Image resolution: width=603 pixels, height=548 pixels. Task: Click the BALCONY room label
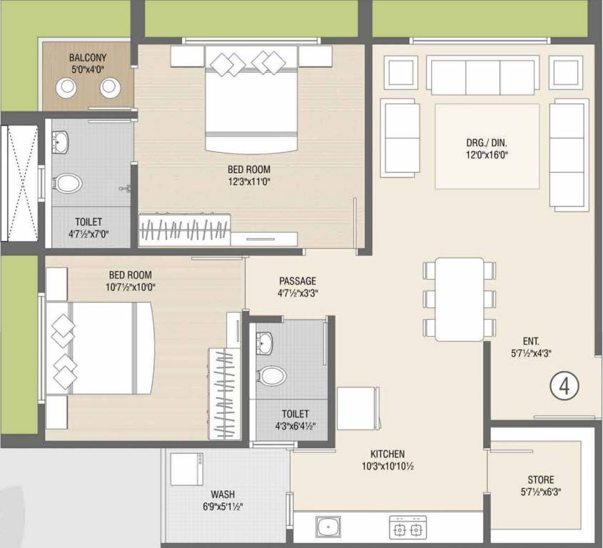coord(88,58)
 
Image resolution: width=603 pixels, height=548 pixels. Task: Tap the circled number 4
coord(564,387)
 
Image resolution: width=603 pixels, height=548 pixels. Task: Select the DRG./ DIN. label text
coord(487,143)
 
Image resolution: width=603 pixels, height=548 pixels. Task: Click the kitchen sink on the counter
coord(328,527)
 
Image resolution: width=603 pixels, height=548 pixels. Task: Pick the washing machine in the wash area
coord(187,470)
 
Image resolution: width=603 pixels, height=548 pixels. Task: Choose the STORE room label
coord(541,479)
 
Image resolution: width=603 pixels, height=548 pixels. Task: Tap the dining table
coord(460,299)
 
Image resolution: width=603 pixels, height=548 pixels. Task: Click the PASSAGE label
coord(298,281)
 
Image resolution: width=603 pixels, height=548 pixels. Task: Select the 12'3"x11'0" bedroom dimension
coord(249,181)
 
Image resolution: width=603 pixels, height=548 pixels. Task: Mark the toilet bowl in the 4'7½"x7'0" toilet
coord(67,183)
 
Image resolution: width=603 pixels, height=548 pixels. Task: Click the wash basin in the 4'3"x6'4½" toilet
coord(265,343)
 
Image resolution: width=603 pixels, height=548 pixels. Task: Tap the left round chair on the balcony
coord(66,88)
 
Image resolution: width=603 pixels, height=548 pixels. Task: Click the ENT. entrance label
coord(531,341)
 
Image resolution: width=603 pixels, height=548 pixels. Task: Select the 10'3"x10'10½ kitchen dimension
coord(387,467)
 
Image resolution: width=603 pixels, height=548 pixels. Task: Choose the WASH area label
coord(223,494)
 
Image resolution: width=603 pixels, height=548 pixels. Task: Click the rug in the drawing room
coord(487,146)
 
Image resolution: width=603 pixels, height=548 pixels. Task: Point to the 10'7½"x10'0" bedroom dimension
coord(131,287)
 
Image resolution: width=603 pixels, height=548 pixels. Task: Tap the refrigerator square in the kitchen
coord(357,408)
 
